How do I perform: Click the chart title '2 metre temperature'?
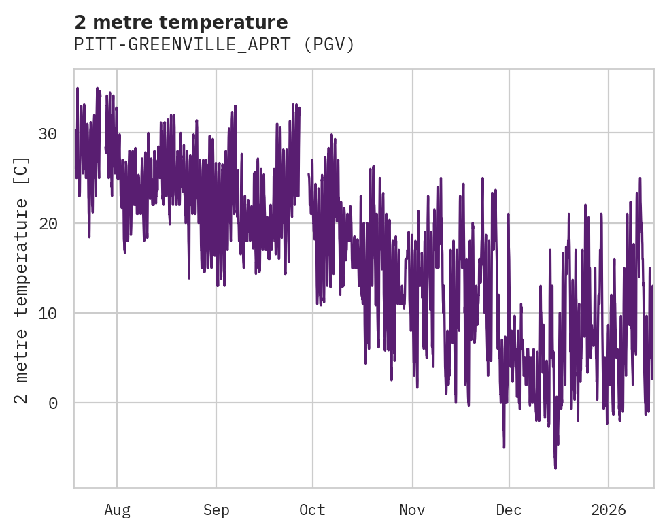point(181,22)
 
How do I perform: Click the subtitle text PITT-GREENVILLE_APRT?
point(184,45)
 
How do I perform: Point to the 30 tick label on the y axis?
point(48,133)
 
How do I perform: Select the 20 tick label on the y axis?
point(48,223)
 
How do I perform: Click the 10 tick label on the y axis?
point(48,313)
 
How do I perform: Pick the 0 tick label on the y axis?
point(53,403)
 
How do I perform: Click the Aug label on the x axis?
point(117,510)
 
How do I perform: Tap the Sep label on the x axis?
point(216,510)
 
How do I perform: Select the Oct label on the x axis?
point(312,510)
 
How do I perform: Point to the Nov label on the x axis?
point(412,510)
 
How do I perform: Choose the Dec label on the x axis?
point(509,510)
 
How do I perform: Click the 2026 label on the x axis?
point(609,510)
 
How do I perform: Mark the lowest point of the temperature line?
point(555,468)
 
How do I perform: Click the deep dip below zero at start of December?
point(504,447)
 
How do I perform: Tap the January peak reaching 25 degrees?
point(640,178)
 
